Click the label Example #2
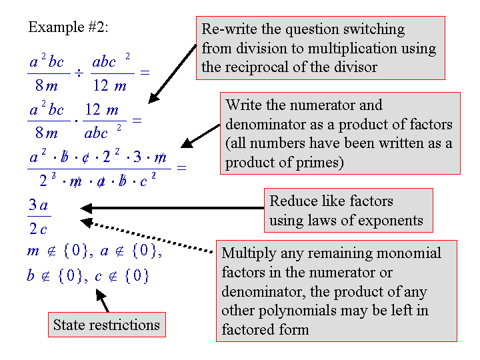tap(68, 27)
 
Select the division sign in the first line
tap(78, 72)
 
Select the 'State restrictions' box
tap(107, 325)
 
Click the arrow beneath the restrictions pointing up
tap(105, 303)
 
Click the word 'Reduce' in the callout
tap(292, 201)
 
